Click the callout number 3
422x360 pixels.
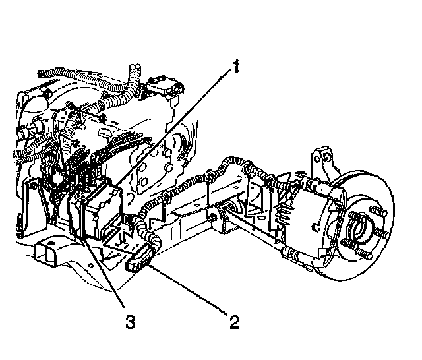point(130,322)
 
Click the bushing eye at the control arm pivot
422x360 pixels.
point(214,215)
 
